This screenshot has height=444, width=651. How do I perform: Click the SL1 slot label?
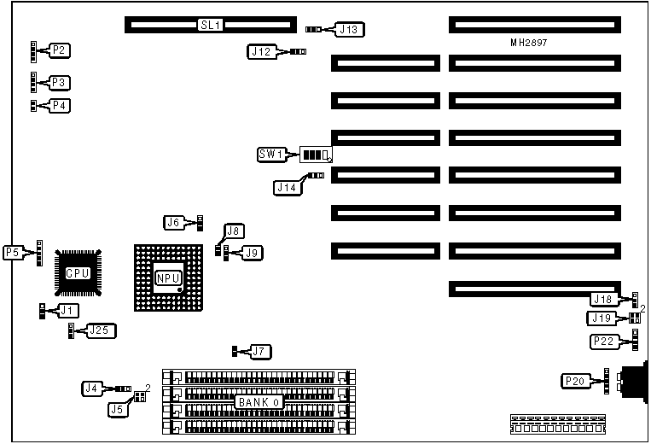click(x=210, y=25)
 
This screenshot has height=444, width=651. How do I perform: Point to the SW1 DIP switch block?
click(x=315, y=155)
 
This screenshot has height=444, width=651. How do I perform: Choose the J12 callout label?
click(x=261, y=52)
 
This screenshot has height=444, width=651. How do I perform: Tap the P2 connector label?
click(x=60, y=51)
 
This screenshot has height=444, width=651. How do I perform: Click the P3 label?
click(x=60, y=83)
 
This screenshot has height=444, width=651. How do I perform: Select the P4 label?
click(x=60, y=106)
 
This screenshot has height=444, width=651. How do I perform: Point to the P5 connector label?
click(x=13, y=253)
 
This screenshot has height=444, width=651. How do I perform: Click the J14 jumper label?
click(x=287, y=185)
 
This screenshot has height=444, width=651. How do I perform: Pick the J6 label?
click(x=174, y=223)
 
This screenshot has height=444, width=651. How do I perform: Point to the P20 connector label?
click(x=573, y=380)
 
